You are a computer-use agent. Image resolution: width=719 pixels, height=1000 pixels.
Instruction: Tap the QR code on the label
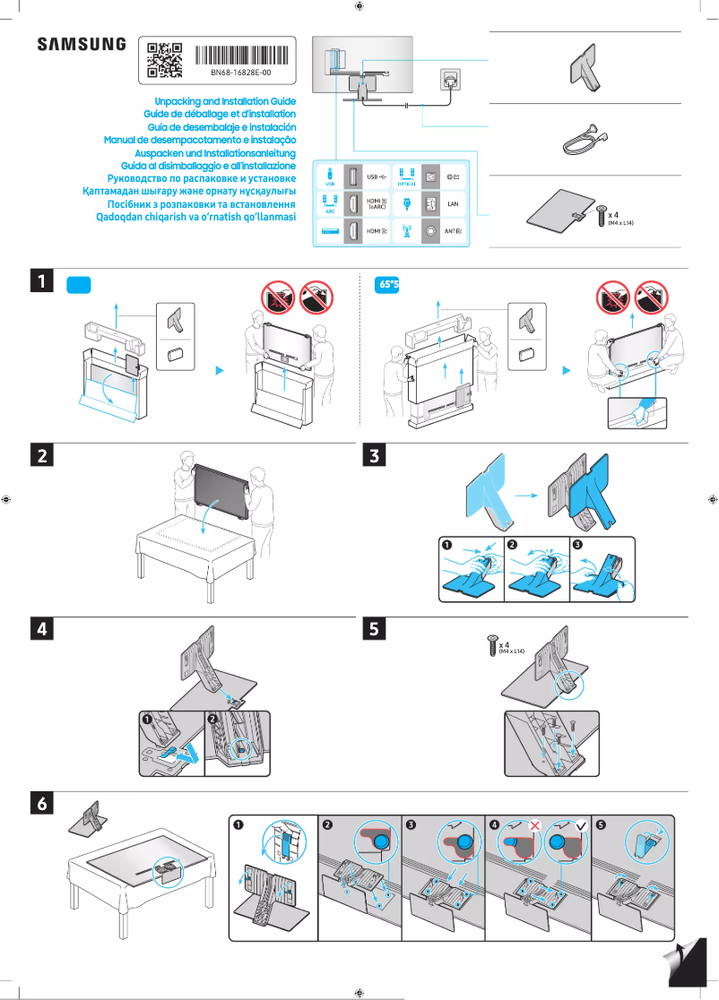tap(165, 60)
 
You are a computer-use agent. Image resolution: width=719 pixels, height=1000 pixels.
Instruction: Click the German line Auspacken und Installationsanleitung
tap(212, 153)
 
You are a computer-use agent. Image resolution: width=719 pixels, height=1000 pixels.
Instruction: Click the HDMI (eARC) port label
tap(377, 204)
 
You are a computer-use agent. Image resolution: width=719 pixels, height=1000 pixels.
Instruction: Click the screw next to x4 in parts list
tap(601, 216)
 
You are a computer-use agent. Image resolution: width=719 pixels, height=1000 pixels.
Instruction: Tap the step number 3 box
tap(376, 456)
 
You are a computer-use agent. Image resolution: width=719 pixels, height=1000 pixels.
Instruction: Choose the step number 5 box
tap(376, 629)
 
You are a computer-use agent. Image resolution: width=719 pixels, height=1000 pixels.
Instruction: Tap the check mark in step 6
tap(580, 823)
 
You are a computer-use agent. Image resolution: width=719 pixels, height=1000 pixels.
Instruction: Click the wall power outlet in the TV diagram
tap(448, 79)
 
